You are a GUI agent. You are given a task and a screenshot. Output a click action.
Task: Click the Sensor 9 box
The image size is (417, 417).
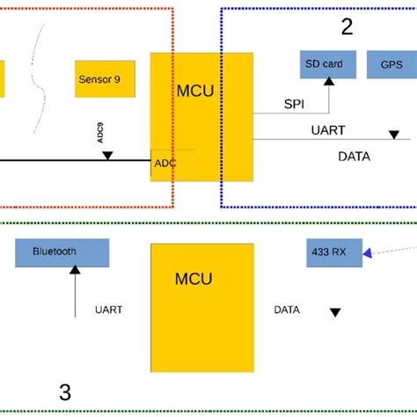(106, 78)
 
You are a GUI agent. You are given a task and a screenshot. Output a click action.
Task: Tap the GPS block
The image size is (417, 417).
(391, 64)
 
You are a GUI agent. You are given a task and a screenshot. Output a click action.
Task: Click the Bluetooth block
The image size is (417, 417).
(62, 252)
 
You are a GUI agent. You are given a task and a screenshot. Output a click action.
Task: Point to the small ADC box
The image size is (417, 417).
(165, 164)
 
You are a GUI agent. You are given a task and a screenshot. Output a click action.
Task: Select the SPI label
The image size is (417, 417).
(294, 103)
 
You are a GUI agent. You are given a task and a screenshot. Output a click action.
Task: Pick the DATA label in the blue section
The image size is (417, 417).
(354, 157)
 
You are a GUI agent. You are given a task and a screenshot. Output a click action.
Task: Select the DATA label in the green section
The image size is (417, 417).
(286, 310)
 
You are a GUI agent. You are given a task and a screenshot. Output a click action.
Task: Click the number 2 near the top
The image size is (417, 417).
(347, 27)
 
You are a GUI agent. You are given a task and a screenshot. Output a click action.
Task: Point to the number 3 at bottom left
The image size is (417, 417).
(64, 392)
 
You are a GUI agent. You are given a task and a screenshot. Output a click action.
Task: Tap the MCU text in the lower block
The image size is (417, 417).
(193, 279)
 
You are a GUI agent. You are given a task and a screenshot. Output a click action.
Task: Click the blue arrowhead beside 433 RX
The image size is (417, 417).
(367, 252)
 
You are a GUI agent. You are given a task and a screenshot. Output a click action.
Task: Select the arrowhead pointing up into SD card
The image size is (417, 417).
(329, 82)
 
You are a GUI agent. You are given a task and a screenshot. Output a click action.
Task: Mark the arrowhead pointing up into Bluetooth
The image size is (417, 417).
(76, 271)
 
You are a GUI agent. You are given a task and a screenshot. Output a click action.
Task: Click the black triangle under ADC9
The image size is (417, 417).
(107, 156)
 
